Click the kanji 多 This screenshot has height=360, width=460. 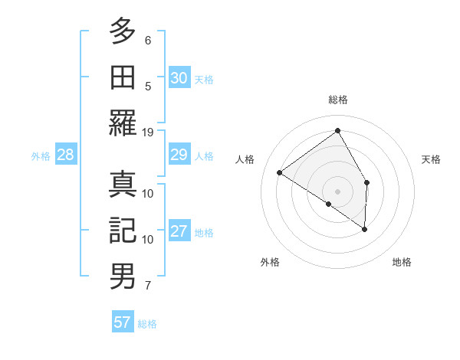[123, 31]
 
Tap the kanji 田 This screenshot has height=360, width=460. [123, 77]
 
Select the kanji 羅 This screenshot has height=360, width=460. [123, 123]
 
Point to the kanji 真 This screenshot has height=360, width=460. [123, 184]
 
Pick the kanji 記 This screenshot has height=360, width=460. [123, 230]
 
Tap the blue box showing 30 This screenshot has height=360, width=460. [179, 78]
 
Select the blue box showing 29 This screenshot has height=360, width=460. [179, 155]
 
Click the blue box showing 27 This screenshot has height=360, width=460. [179, 232]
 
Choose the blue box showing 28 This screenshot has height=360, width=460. [66, 155]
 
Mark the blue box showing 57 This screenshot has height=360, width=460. [123, 322]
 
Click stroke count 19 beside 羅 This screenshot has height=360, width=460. [149, 132]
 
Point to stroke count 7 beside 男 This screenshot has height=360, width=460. [149, 286]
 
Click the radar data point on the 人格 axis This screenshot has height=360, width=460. [280, 172]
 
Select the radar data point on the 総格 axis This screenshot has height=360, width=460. [337, 130]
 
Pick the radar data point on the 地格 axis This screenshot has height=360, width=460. [365, 228]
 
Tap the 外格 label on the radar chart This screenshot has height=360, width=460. [270, 262]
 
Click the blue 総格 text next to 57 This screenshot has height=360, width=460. [147, 324]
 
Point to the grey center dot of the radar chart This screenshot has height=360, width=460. [337, 190]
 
